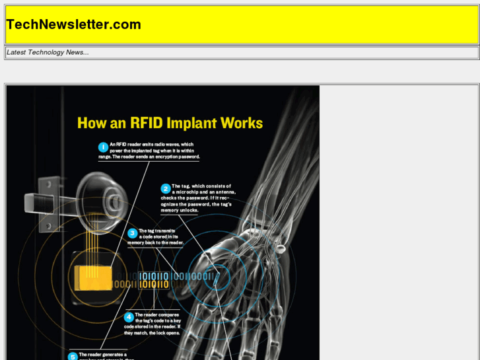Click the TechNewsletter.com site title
click(74, 25)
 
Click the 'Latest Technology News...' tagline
click(48, 52)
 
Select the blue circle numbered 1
click(103, 147)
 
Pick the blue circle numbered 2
click(166, 188)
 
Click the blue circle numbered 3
click(132, 233)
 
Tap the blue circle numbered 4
click(129, 317)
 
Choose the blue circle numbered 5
click(73, 357)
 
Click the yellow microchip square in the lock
click(92, 278)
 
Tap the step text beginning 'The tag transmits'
click(158, 236)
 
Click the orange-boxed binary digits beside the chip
click(153, 279)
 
